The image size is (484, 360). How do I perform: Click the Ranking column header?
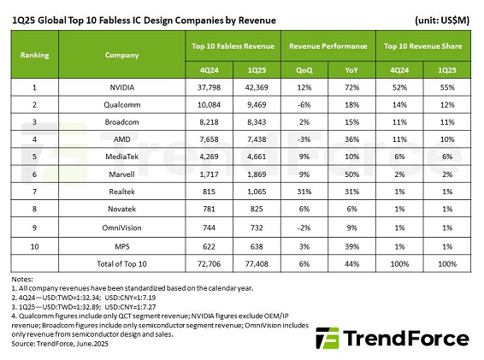click(x=35, y=54)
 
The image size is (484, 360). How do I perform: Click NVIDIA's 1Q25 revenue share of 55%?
click(x=447, y=86)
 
